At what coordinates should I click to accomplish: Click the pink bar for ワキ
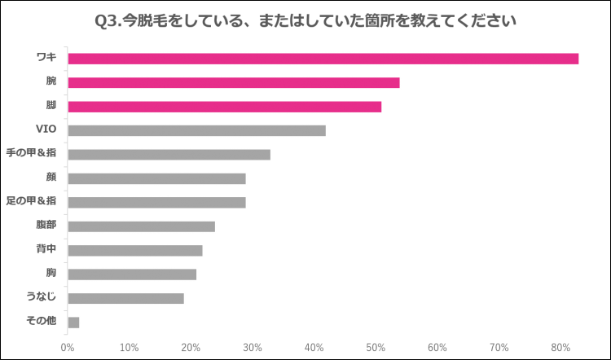click(x=323, y=59)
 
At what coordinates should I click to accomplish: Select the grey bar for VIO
click(x=197, y=130)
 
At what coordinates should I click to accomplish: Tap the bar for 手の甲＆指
click(x=169, y=155)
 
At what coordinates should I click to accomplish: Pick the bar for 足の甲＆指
click(x=157, y=202)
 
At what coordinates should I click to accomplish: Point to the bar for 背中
click(x=135, y=250)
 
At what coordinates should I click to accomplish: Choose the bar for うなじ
click(x=126, y=298)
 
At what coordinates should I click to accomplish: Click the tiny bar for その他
click(x=73, y=323)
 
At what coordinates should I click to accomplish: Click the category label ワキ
click(x=46, y=58)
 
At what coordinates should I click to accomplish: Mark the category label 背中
click(x=46, y=250)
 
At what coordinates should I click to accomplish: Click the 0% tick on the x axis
click(x=68, y=348)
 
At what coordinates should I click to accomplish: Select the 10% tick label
click(x=129, y=348)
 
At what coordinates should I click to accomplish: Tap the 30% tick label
click(x=253, y=348)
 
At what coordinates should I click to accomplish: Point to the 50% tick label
click(x=376, y=348)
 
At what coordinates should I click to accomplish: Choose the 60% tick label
click(x=437, y=348)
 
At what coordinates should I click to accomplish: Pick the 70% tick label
click(x=499, y=348)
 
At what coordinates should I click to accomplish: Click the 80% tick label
click(x=560, y=348)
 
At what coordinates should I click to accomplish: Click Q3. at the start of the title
click(x=108, y=19)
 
